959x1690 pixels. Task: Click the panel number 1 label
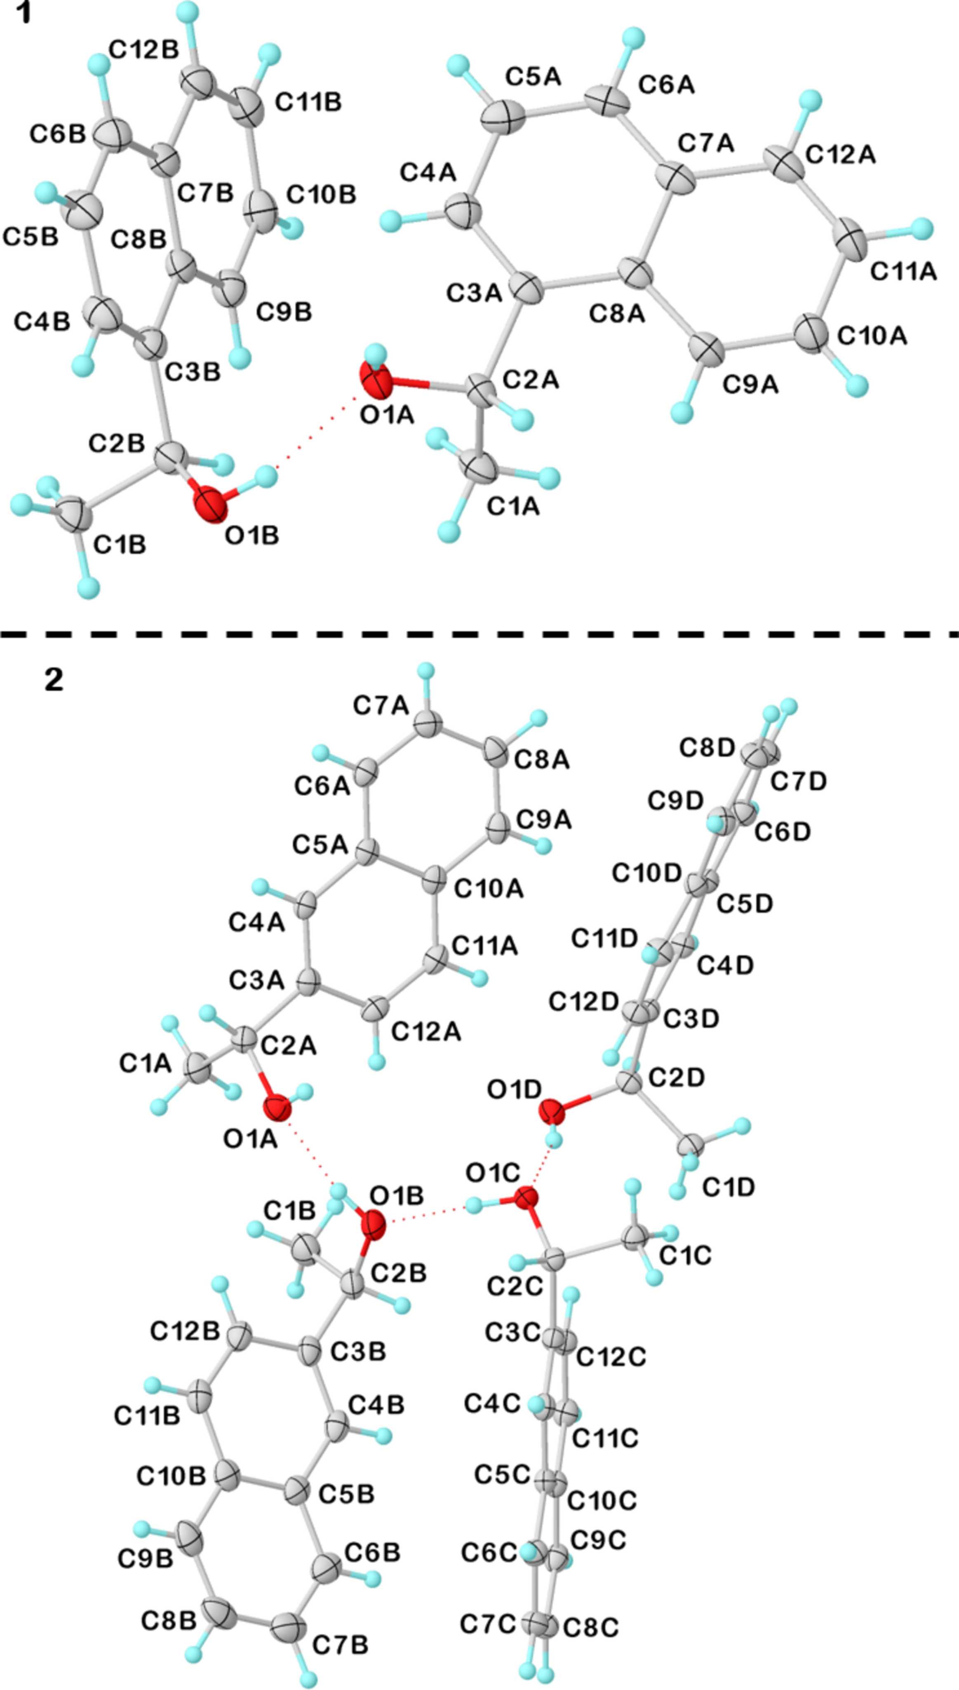[24, 13]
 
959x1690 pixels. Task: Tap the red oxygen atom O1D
[552, 1113]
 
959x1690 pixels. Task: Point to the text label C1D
[729, 1187]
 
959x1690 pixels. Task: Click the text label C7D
[798, 782]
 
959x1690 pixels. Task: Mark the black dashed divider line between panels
[479, 635]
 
